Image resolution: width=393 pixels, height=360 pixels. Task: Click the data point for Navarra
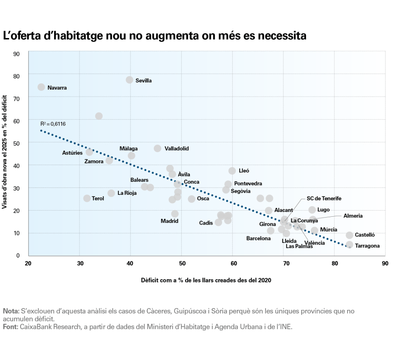click(41, 87)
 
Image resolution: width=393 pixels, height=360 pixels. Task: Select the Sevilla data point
click(130, 80)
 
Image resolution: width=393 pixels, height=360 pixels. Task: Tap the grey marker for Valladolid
click(158, 149)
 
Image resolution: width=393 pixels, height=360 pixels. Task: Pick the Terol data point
click(87, 198)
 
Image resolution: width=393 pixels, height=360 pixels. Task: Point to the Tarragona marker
click(349, 245)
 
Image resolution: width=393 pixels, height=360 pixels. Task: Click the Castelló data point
click(349, 235)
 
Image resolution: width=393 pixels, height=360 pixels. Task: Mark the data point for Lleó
click(232, 171)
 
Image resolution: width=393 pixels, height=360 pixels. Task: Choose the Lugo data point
click(312, 210)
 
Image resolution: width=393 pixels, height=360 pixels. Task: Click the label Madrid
click(169, 221)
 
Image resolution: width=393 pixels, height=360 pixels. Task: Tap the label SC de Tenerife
click(324, 198)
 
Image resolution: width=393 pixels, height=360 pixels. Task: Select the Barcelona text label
click(259, 239)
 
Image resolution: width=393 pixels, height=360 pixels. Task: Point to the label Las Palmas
click(299, 246)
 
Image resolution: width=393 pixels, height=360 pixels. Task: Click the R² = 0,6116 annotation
click(53, 124)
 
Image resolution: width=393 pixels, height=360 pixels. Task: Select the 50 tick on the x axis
click(182, 264)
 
